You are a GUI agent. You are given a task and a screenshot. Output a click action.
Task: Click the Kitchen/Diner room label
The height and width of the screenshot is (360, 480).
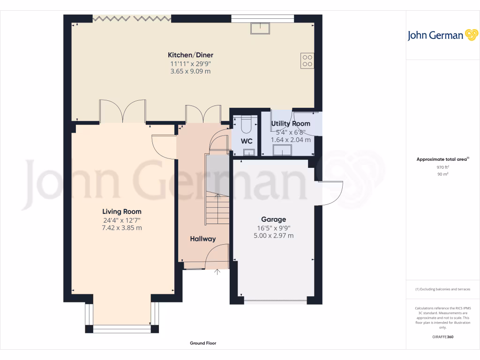(191, 55)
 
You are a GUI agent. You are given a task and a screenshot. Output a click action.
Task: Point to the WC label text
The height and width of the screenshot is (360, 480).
(247, 141)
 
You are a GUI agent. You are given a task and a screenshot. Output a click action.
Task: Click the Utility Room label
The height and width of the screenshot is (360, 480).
(291, 124)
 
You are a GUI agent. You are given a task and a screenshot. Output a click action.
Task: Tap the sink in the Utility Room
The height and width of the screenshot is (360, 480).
(283, 150)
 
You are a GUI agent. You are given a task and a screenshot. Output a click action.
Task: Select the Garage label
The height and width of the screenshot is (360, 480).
(274, 219)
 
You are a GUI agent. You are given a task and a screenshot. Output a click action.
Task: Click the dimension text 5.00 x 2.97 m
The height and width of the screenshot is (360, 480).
(274, 236)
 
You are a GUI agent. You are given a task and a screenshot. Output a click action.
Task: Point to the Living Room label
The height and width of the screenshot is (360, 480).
(122, 211)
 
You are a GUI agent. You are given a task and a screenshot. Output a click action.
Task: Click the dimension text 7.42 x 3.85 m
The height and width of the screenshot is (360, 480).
(122, 228)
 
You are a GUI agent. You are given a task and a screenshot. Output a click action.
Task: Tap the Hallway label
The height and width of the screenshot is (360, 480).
(203, 239)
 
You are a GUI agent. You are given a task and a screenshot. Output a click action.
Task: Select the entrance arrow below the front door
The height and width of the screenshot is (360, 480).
(217, 271)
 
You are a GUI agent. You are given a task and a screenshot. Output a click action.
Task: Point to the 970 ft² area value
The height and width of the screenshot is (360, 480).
(443, 167)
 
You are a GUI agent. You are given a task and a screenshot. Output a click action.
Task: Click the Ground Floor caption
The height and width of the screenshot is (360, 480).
(203, 343)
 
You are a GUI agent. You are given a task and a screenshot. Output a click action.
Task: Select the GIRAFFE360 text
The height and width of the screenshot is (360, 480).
(443, 337)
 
